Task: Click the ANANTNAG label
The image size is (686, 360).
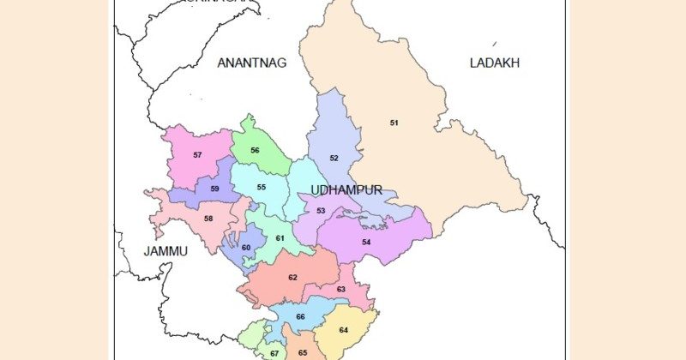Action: coord(251,63)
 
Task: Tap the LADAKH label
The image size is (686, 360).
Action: coord(495,63)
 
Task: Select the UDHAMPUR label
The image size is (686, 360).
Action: coord(346,189)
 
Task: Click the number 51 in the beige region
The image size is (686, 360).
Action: coord(394,123)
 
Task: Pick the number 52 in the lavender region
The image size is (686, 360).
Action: coord(334,159)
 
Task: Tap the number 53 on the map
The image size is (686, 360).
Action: coord(321,211)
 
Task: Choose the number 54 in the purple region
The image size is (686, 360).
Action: coord(366,243)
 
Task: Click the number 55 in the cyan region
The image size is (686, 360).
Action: coord(261,188)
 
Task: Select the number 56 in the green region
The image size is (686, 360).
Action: coord(255,151)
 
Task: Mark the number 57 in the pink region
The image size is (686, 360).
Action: coord(197,155)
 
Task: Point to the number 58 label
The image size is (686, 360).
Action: coord(208,219)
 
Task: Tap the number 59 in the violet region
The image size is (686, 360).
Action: coord(214,189)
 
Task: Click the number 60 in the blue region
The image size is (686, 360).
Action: coord(245,248)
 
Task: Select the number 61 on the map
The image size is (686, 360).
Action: coord(279,238)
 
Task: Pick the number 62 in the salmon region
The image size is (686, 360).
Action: coord(292,278)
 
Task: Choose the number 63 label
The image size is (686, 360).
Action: coord(340,290)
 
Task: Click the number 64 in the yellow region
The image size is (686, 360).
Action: coord(343,330)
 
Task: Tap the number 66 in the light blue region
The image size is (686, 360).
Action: coord(300,317)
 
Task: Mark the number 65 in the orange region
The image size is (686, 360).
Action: coord(303,352)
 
